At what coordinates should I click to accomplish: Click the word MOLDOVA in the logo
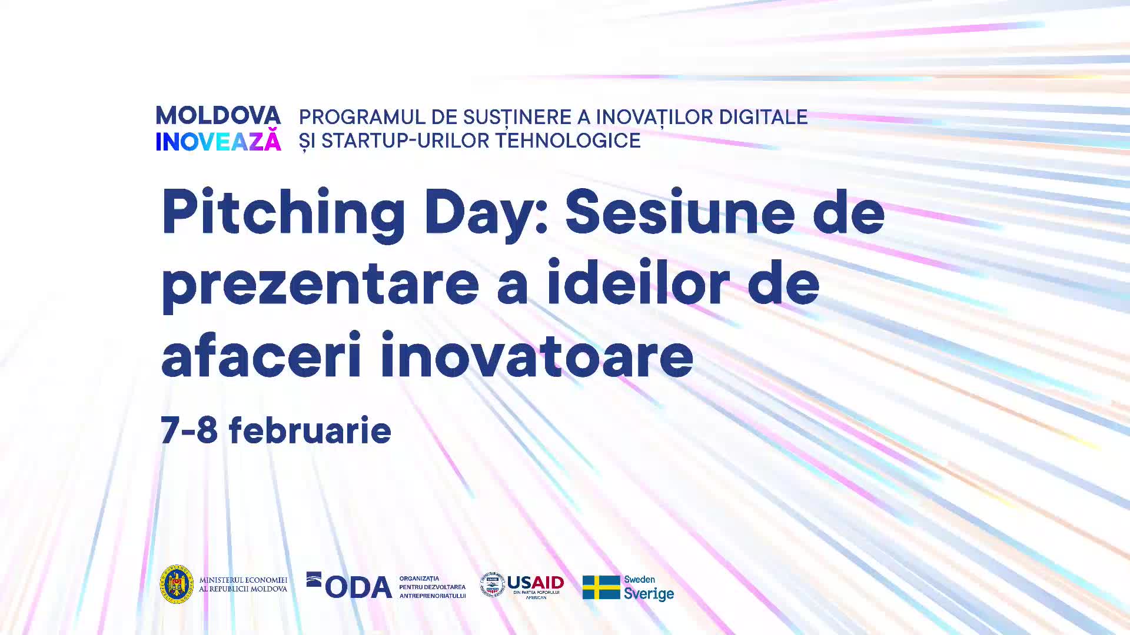[x=218, y=116]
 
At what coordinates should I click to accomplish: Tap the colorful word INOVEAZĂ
[x=218, y=140]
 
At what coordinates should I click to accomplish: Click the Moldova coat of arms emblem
[x=177, y=585]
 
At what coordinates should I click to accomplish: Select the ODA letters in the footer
[x=358, y=587]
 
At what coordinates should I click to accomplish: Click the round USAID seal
[x=492, y=585]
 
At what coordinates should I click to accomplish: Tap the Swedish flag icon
[x=601, y=587]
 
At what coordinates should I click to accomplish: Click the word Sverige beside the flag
[x=649, y=594]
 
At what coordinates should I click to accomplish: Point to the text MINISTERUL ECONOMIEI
[x=243, y=580]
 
